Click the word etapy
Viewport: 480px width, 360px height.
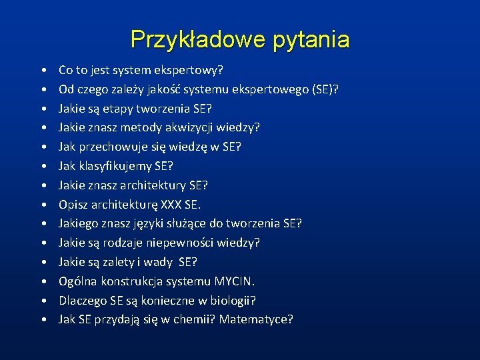(x=118, y=109)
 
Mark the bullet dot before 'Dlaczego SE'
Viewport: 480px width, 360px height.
(x=43, y=301)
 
